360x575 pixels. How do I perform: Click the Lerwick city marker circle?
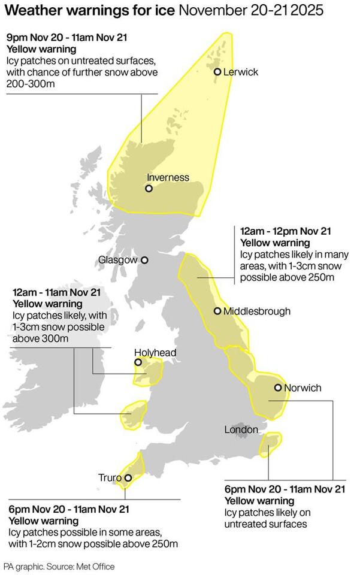pyautogui.click(x=217, y=72)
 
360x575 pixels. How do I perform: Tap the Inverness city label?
pyautogui.click(x=168, y=177)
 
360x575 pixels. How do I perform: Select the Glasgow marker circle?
pyautogui.click(x=144, y=260)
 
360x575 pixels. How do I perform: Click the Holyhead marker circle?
pyautogui.click(x=138, y=362)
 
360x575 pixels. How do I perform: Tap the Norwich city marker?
pyautogui.click(x=278, y=388)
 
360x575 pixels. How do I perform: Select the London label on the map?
pyautogui.click(x=241, y=429)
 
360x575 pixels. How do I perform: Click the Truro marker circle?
pyautogui.click(x=128, y=477)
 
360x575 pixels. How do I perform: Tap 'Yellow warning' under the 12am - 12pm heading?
pyautogui.click(x=275, y=243)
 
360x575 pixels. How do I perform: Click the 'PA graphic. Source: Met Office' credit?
pyautogui.click(x=59, y=566)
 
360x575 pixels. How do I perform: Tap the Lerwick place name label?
pyautogui.click(x=241, y=72)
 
